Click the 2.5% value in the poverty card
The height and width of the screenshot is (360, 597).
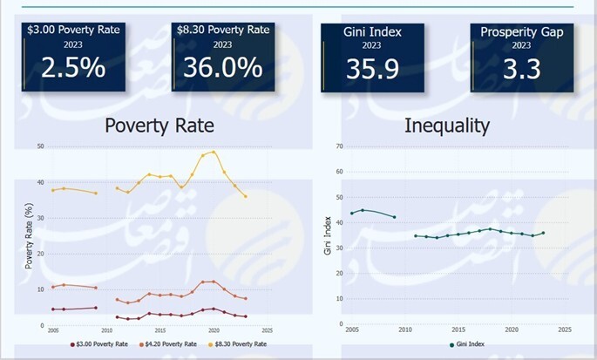[x=74, y=68]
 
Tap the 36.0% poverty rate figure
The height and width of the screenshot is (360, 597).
[x=222, y=68]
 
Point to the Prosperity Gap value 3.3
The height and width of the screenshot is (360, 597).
[x=521, y=68]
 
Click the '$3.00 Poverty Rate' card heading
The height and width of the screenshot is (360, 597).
[x=74, y=30]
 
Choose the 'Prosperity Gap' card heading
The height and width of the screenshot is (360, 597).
[x=521, y=31]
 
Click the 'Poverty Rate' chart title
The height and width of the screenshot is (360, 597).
[x=159, y=125]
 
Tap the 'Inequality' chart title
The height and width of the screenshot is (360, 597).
[x=447, y=125]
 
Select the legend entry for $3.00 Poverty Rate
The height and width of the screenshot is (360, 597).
[x=102, y=344]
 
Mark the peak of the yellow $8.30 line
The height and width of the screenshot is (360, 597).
[x=214, y=152]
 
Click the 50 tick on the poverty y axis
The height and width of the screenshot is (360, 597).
[x=40, y=146]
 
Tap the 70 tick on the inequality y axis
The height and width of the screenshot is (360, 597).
[x=339, y=146]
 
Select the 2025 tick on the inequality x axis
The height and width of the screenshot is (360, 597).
[x=565, y=329]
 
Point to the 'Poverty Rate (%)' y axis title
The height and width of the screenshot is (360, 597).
[x=29, y=235]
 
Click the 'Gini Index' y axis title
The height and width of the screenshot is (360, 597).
[x=329, y=236]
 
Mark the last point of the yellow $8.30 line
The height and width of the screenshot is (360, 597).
[x=246, y=196]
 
